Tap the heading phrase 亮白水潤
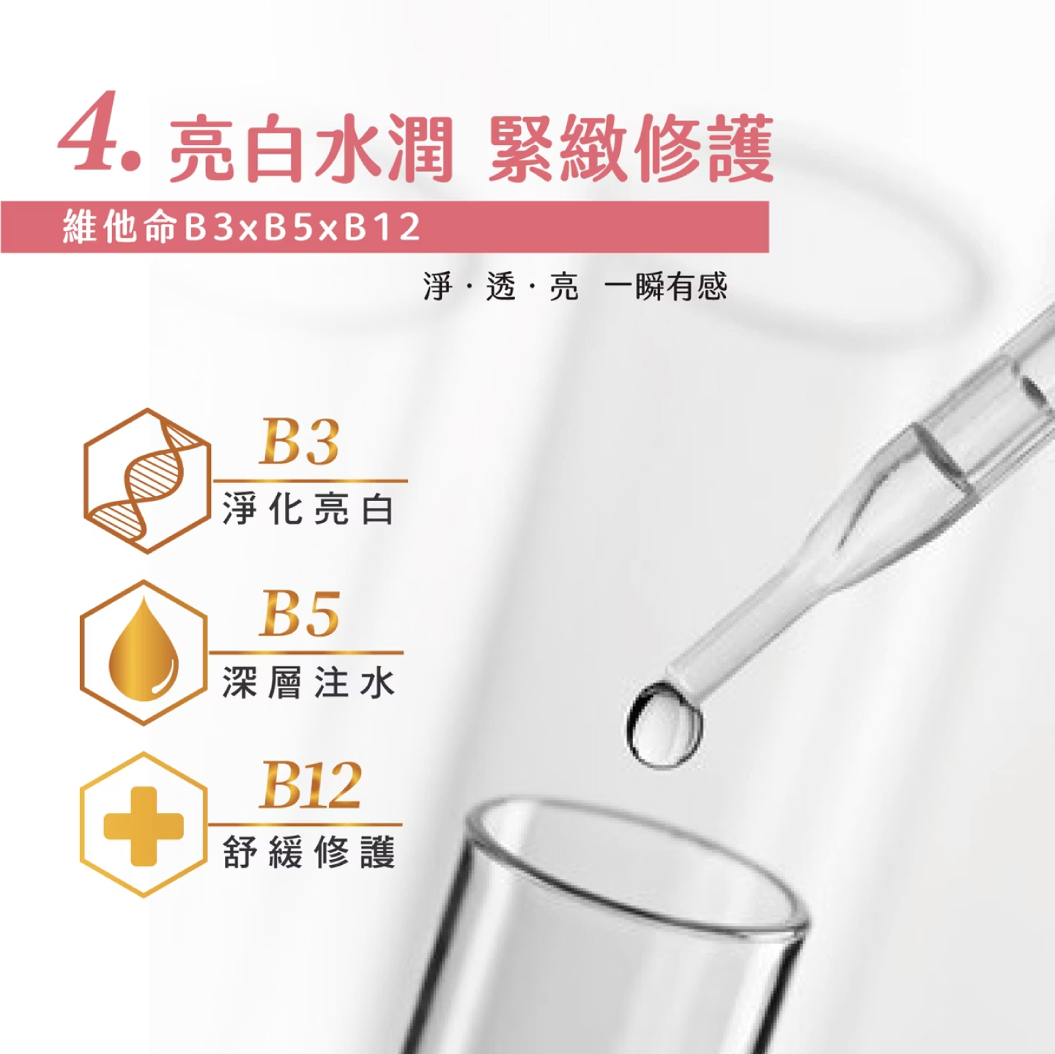tap(311, 148)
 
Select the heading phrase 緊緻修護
tap(631, 148)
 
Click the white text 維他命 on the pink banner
tap(119, 226)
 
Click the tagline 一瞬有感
tap(665, 286)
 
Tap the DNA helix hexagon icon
tap(147, 480)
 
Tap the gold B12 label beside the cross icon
tap(310, 786)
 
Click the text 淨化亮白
tap(308, 508)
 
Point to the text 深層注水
tap(308, 682)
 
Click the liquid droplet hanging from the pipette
tap(664, 723)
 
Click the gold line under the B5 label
tap(306, 652)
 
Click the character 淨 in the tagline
tap(438, 286)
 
